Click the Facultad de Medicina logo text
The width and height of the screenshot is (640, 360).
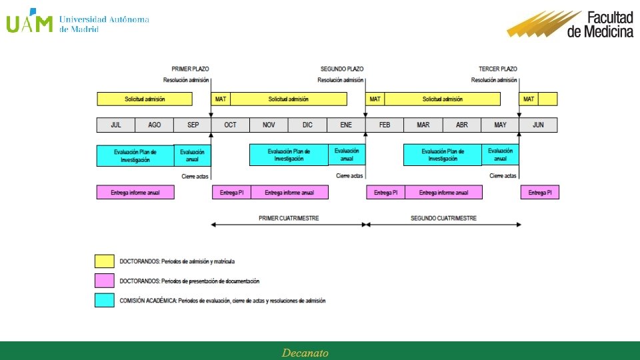600,25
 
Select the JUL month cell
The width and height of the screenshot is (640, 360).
116,125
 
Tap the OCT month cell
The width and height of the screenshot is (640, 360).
230,125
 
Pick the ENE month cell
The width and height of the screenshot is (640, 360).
346,125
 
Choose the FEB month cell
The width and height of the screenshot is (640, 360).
385,125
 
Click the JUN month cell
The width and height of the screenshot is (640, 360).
538,125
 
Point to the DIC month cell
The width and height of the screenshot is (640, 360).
307,125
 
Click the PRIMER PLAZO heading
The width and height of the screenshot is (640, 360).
191,69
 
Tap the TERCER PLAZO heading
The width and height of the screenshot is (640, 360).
498,69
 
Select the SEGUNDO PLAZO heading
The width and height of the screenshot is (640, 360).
342,69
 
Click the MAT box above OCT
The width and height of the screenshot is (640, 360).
221,99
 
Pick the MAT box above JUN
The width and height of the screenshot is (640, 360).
529,99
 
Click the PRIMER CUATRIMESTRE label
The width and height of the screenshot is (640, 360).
289,218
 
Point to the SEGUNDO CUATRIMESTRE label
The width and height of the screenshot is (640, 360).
443,218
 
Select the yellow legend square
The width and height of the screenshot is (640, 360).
104,261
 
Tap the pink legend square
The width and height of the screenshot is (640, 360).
104,281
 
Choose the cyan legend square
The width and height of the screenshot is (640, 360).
104,301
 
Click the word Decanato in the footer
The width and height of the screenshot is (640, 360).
305,353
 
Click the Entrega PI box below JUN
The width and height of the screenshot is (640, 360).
540,193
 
